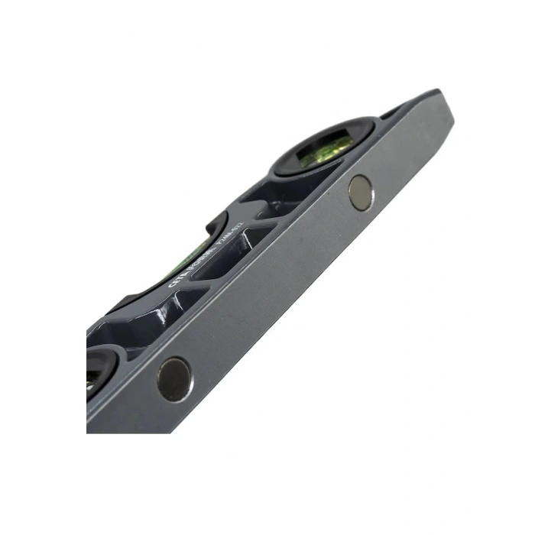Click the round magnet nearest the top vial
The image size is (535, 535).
click(360, 192)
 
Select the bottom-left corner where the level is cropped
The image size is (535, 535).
click(89, 430)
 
